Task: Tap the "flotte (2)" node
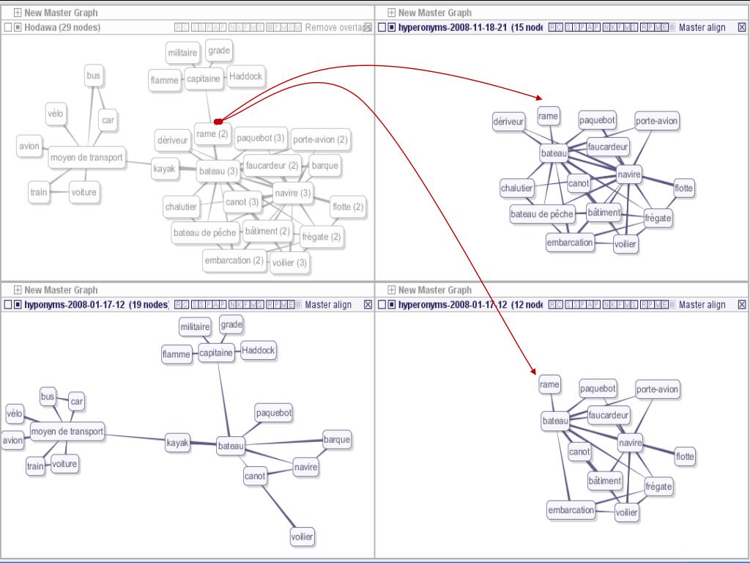[348, 207]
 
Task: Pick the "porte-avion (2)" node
[320, 139]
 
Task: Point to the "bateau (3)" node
[218, 171]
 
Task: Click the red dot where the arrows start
[218, 120]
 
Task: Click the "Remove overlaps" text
[334, 28]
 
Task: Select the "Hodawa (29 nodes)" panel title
[62, 28]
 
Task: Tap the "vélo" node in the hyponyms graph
[15, 414]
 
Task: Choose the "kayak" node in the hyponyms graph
[178, 443]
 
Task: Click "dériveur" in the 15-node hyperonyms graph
[508, 122]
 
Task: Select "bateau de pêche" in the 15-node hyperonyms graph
[542, 214]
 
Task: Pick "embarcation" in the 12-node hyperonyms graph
[571, 510]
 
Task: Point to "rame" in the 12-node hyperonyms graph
[549, 384]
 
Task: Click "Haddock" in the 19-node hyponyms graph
[258, 350]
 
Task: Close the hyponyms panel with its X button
[368, 305]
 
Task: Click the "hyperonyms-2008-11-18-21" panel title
[454, 28]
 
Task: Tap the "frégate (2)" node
[322, 237]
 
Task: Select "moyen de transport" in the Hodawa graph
[86, 158]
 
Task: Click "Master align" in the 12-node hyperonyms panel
[702, 305]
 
